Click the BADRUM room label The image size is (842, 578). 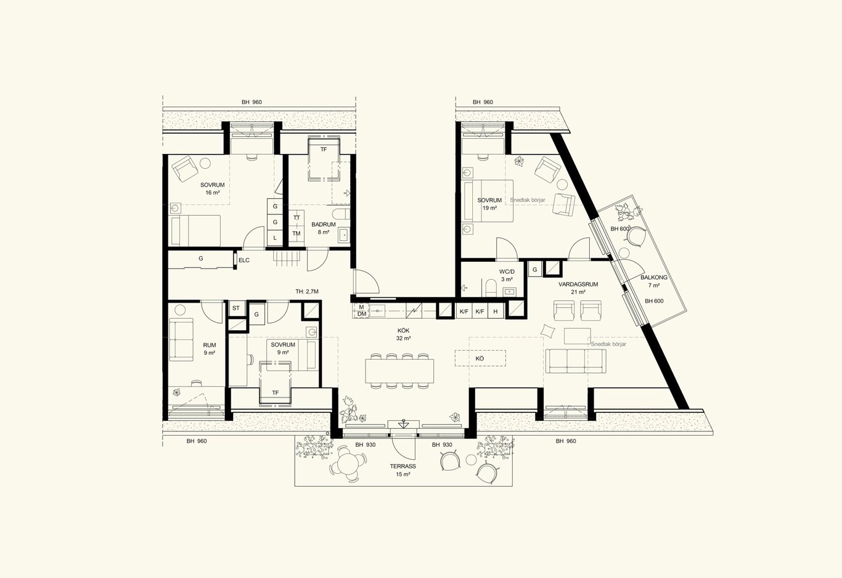(323, 224)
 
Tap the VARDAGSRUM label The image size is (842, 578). (578, 285)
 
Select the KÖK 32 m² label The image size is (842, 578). (403, 335)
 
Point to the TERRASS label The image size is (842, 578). (403, 466)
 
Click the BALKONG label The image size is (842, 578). (654, 278)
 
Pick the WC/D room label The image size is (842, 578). (507, 272)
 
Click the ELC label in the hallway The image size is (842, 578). (244, 260)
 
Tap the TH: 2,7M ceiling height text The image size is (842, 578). (307, 291)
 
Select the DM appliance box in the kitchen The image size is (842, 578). (362, 314)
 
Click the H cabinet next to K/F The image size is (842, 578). (496, 311)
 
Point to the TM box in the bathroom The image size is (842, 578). (296, 234)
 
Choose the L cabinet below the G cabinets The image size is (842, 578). (275, 237)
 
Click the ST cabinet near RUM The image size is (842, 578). (236, 308)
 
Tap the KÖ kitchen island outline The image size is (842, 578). (480, 358)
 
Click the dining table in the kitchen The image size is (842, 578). (399, 371)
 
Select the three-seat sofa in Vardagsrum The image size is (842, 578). (576, 360)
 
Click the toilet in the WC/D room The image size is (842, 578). (491, 288)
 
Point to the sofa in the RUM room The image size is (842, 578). (181, 340)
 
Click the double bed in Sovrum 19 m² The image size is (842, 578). (489, 201)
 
